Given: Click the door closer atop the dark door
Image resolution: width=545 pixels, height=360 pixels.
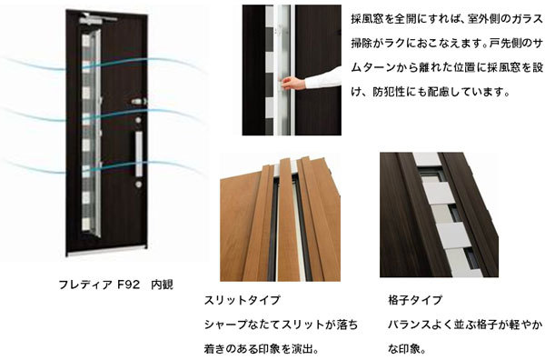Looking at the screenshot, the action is coord(98,18).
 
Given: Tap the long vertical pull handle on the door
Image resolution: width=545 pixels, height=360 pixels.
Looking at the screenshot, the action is coord(139,153).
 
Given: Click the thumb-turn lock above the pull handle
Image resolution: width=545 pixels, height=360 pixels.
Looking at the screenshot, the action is coord(138,120).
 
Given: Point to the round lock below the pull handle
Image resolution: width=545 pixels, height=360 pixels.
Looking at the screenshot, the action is coord(139,184).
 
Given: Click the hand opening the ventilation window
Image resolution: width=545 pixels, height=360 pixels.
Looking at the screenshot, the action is coord(292,84).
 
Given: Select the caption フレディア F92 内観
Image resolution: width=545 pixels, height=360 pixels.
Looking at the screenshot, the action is coord(115,285).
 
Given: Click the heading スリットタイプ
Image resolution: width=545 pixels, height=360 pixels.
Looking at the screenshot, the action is coord(242,300).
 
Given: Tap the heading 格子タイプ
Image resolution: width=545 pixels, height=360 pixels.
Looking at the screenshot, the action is coord(415,300).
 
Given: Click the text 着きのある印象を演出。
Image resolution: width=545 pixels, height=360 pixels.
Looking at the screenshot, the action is coord(262,348).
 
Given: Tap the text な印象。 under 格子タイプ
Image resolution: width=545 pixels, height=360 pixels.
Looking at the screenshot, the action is coord(407,348).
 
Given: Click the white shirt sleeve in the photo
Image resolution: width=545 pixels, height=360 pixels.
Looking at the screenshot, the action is coord(322,78).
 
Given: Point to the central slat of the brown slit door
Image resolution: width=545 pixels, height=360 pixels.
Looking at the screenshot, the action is coord(288,220).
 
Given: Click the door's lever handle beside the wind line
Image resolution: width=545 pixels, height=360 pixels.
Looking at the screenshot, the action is coord(139,102).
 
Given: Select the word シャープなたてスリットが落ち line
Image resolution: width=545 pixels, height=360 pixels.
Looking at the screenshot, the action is coord(281,325).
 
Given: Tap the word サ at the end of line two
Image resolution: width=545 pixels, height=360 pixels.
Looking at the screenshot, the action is coord(538,43).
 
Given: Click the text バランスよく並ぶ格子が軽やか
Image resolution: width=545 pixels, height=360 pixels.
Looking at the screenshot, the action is coord(465,325).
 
